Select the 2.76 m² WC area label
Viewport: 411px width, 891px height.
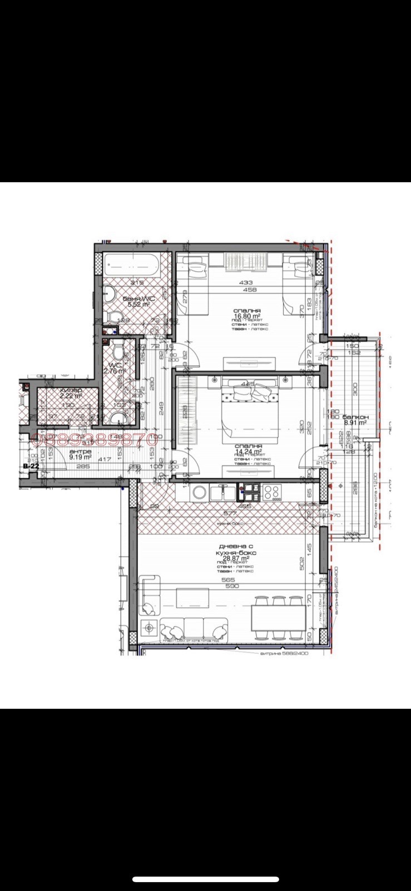click(x=115, y=370)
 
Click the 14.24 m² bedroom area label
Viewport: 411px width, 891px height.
click(x=247, y=452)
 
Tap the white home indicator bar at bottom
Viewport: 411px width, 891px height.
click(x=205, y=880)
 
